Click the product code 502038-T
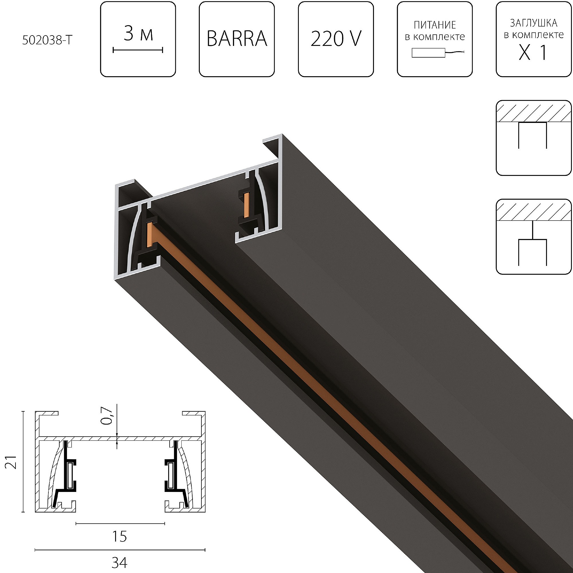47,40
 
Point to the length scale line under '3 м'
138,50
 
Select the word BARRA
237,39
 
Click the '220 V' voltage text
336,39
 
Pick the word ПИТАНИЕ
435,25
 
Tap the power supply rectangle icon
428,53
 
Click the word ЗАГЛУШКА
533,23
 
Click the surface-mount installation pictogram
533,138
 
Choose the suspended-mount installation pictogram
533,237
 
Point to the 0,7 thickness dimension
107,416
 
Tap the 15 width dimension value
119,537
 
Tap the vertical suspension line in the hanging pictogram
533,230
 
